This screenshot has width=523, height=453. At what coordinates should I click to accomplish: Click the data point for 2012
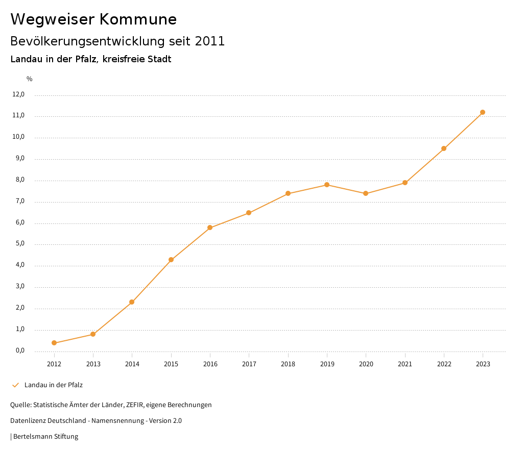pyautogui.click(x=54, y=343)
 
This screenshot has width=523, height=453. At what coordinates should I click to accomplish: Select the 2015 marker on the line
pyautogui.click(x=171, y=260)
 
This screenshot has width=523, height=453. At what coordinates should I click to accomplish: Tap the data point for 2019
pyautogui.click(x=327, y=185)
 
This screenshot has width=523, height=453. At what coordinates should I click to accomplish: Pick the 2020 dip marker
pyautogui.click(x=366, y=193)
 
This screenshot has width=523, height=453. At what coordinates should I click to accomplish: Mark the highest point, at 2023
pyautogui.click(x=483, y=112)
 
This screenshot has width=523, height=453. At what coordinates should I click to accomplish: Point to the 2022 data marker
pyautogui.click(x=444, y=148)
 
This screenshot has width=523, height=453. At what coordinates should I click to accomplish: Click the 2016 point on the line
pyautogui.click(x=210, y=228)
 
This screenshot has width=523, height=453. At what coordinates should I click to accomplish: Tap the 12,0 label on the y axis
pyautogui.click(x=18, y=94)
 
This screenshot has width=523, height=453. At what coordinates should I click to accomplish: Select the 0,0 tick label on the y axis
pyautogui.click(x=20, y=350)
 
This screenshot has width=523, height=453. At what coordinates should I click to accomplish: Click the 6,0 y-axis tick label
pyautogui.click(x=20, y=223)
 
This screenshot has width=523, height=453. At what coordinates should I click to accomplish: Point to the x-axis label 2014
pyautogui.click(x=132, y=364)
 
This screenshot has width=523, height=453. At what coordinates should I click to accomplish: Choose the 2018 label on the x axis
pyautogui.click(x=288, y=364)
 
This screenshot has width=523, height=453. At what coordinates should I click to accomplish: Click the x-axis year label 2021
pyautogui.click(x=405, y=364)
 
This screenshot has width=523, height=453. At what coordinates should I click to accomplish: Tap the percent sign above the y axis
pyautogui.click(x=30, y=79)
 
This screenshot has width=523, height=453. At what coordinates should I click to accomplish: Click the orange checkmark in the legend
pyautogui.click(x=15, y=385)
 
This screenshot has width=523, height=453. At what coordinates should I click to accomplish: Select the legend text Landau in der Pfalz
pyautogui.click(x=54, y=385)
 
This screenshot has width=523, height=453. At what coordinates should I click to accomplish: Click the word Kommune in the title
pyautogui.click(x=138, y=19)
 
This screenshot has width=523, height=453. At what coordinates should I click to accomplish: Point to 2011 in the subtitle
pyautogui.click(x=210, y=41)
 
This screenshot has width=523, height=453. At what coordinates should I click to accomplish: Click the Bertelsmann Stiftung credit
pyautogui.click(x=45, y=437)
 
